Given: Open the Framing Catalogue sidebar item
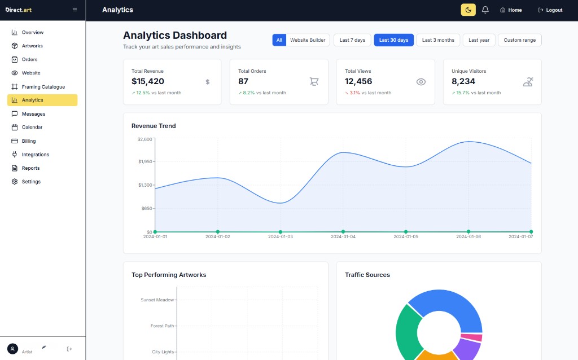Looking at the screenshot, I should pos(43,87).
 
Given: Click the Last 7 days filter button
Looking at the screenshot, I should pos(352,40).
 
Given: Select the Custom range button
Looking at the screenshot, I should pos(519,40).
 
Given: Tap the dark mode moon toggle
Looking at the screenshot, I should pos(468,10).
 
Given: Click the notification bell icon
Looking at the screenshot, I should pos(485,10).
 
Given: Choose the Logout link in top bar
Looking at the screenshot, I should pos(550,10).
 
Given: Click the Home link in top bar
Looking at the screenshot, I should pos(511,10).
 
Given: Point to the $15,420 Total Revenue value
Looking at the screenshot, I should pos(148,81).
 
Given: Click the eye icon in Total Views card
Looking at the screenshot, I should pos(421,82).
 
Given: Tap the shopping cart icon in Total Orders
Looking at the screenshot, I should pos(314,82).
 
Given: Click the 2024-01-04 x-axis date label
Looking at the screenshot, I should pos(343,237).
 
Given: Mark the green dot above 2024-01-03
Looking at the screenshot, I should pos(281,232).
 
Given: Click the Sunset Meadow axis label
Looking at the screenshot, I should pos(157,300).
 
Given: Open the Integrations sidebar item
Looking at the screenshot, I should pos(35,155).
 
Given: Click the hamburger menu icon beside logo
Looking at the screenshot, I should pos(75,10).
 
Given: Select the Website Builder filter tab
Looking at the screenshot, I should pos(308,40).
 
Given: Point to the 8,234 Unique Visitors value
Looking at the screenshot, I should pos(463,81).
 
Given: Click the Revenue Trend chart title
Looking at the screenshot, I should pos(154,126).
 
